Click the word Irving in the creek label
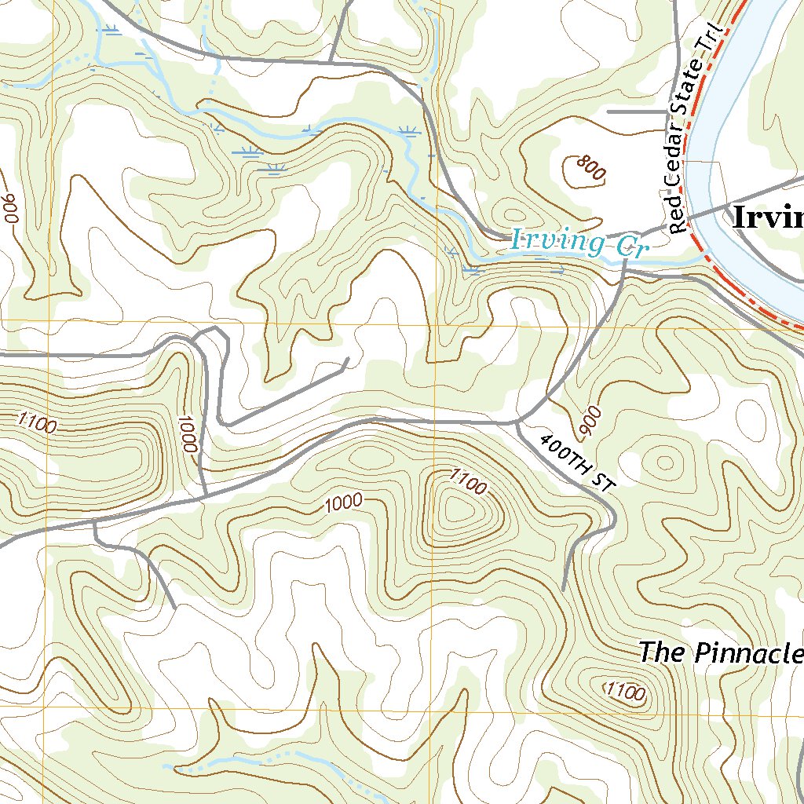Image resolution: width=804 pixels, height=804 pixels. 558,240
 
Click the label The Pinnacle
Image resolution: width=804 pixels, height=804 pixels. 720,652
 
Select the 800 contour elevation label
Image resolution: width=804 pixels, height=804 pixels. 590,168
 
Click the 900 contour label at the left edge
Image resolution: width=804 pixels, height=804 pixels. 9,208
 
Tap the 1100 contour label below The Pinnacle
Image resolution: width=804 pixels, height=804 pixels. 626,692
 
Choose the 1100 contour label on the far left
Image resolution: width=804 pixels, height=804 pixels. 35,423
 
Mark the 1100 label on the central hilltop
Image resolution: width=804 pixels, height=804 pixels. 468,482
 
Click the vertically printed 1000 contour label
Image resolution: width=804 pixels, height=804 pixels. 186,433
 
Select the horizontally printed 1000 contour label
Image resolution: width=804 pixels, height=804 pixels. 342,503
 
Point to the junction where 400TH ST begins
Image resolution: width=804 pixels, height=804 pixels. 518,423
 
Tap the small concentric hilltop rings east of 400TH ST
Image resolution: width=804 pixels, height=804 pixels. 665,462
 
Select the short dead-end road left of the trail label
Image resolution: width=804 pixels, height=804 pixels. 636,112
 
